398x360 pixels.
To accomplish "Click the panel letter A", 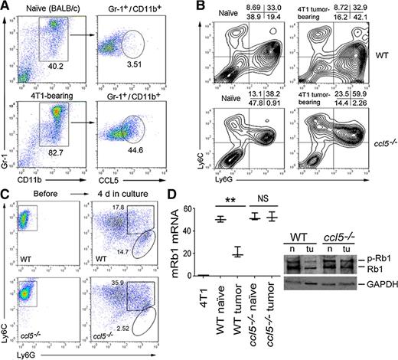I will pyautogui.click(x=5, y=7).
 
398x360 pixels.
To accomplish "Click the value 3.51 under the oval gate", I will pyautogui.click(x=135, y=75).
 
